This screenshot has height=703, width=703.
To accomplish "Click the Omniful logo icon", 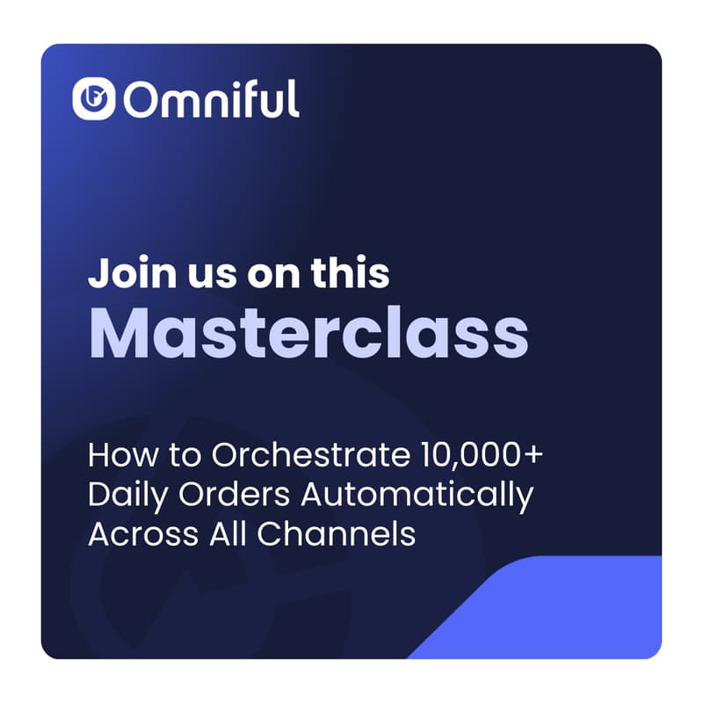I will tap(95, 99).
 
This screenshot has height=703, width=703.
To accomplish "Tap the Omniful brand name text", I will tap(211, 99).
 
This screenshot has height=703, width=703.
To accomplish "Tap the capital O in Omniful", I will tap(141, 100).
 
